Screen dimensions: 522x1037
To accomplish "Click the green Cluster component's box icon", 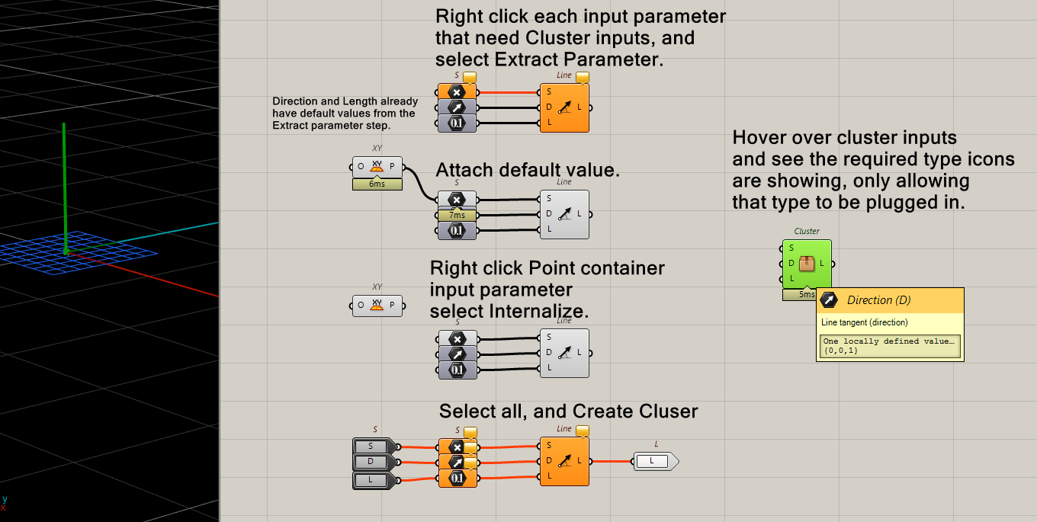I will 807,264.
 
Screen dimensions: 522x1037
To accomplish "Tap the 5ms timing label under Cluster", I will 806,294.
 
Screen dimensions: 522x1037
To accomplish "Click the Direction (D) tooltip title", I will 878,300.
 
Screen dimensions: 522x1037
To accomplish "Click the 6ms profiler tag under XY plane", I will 377,184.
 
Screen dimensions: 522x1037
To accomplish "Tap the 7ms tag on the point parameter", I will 457,216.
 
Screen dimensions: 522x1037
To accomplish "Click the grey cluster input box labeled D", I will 372,463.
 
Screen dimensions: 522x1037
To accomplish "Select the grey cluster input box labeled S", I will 372,446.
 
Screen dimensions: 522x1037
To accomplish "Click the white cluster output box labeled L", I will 653,461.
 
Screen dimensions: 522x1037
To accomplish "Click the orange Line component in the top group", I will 565,107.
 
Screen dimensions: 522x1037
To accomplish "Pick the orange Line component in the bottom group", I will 565,460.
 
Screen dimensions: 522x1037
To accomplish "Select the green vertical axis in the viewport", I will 65,183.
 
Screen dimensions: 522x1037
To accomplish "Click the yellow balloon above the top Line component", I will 583,77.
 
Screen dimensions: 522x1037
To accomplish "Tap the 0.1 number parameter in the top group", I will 457,123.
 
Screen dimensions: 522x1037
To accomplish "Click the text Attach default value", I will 527,170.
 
